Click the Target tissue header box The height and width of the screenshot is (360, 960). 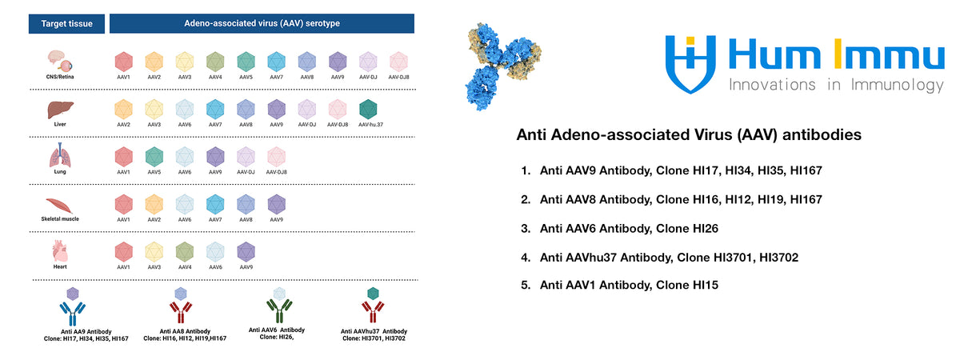pos(66,23)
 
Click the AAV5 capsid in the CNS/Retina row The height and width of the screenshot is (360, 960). pos(246,61)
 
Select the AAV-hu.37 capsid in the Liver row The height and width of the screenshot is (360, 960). pos(369,109)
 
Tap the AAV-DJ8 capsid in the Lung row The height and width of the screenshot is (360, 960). pos(276,156)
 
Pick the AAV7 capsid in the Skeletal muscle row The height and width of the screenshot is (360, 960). pos(215,204)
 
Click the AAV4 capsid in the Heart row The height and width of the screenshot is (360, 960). pos(185,251)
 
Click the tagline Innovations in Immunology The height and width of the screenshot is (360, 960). pos(836,85)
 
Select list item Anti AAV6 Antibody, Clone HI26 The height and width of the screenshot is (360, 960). pos(629,229)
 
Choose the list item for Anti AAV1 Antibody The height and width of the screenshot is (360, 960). pos(629,284)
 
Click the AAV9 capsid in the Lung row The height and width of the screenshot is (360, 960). pos(215,156)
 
